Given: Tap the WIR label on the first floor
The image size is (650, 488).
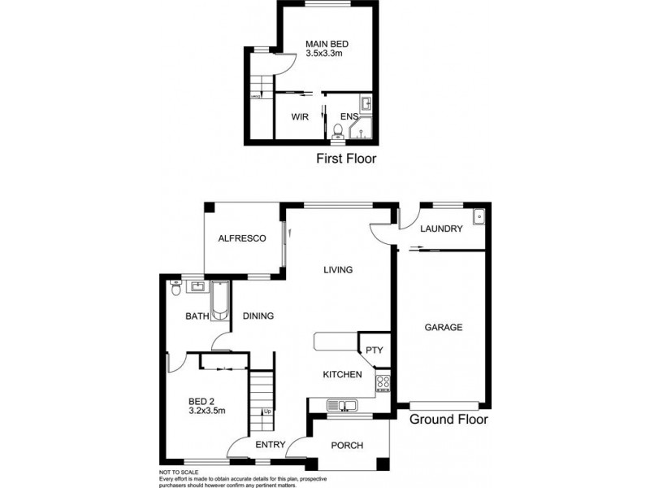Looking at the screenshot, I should (x=300, y=117).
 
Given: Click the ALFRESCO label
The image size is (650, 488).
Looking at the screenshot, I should (x=242, y=238).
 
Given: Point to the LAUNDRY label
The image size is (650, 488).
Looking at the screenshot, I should (x=440, y=229).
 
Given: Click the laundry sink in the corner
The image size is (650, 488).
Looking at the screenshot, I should (x=479, y=216).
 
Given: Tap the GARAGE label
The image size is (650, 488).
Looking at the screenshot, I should (x=443, y=328).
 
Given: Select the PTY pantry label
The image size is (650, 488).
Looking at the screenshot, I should (x=375, y=351).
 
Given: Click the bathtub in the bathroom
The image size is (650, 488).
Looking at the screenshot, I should (x=220, y=300).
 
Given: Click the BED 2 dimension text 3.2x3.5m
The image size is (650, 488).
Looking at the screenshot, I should (x=206, y=412).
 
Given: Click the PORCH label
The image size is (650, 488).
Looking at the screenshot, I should (x=347, y=445).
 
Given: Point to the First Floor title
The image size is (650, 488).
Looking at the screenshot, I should (x=345, y=159).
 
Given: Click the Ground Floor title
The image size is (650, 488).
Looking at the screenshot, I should (x=448, y=420).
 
